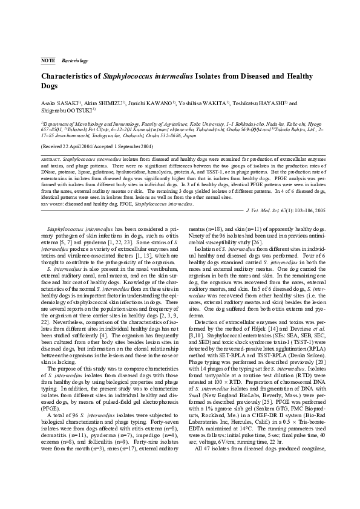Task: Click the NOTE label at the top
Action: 47,61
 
